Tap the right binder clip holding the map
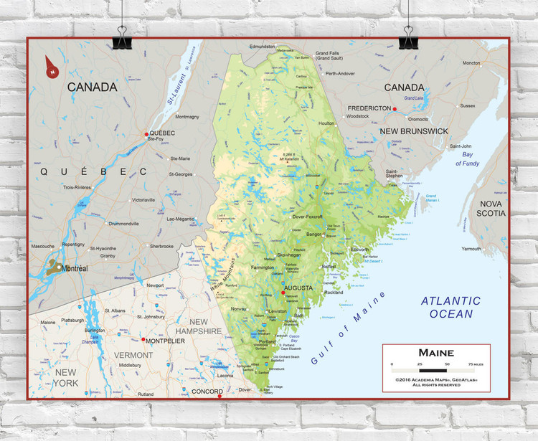point(410,37)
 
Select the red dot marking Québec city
point(146,134)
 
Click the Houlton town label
point(326,123)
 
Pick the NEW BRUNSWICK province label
point(413,131)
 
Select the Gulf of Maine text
point(348,328)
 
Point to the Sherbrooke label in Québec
point(161,246)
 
